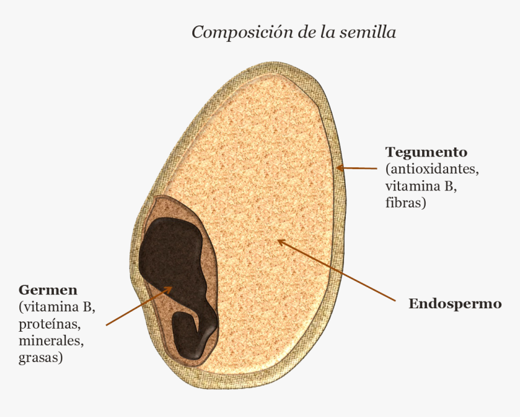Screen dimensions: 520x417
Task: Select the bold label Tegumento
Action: (x=426, y=153)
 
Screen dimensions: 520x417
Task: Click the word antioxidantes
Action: (x=432, y=169)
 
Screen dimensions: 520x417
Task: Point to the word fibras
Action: (x=406, y=202)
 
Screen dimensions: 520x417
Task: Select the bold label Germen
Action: (x=48, y=290)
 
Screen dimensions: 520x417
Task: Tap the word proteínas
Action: (x=50, y=325)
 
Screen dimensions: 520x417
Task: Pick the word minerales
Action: (x=51, y=341)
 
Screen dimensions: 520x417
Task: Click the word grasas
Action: (x=41, y=358)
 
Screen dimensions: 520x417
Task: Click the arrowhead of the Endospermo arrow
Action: (x=281, y=242)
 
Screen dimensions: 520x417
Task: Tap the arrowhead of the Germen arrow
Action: (x=169, y=289)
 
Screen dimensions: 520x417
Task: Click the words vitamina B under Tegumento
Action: (x=421, y=186)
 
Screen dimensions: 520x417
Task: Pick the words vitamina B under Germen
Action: (x=57, y=307)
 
